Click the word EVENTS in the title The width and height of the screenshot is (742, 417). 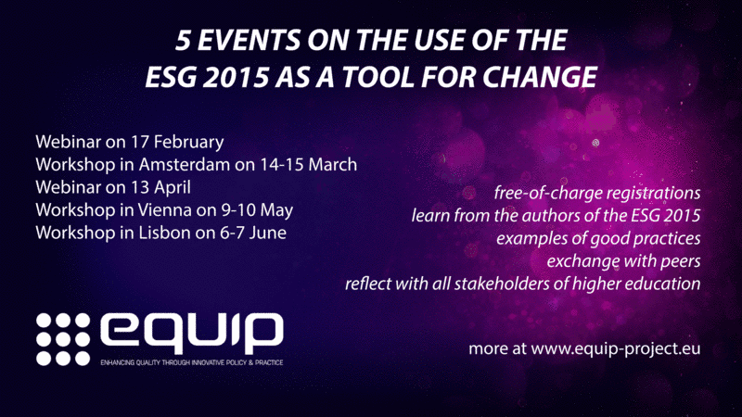tap(249, 40)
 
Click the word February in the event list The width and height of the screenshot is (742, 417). tap(189, 142)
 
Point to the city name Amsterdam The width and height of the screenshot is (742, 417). tap(184, 165)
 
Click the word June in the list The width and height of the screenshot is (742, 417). tap(268, 233)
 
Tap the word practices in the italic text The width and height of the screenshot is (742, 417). tap(667, 238)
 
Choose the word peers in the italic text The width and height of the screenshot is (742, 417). tap(679, 261)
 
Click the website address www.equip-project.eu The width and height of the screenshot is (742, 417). tap(616, 349)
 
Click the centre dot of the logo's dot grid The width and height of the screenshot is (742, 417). tap(63, 339)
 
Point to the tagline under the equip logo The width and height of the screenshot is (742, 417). tap(192, 362)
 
